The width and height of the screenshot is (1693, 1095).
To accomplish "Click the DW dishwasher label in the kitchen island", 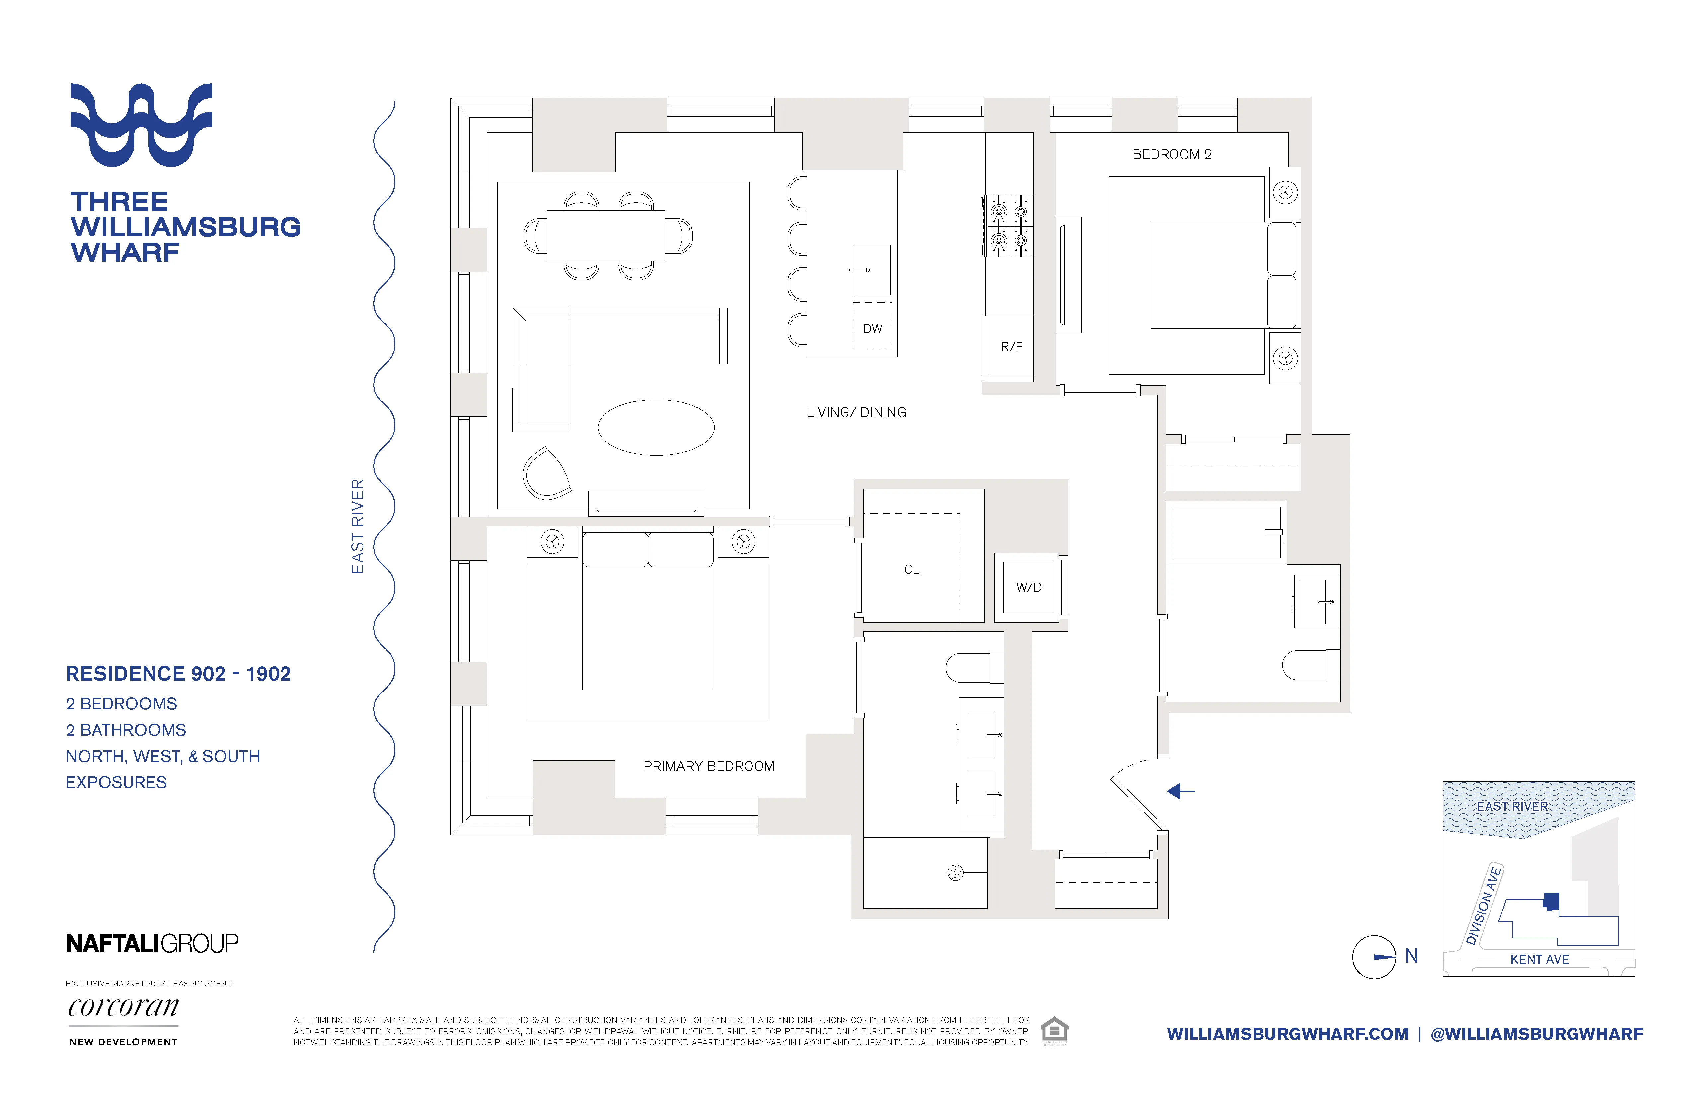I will point(872,328).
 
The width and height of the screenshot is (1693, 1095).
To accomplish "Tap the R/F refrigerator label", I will point(1011,347).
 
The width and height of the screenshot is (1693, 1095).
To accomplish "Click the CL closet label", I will point(911,569).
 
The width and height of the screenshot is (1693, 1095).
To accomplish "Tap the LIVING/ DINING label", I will point(856,412).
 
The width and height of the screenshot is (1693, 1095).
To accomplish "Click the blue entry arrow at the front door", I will point(1181,791).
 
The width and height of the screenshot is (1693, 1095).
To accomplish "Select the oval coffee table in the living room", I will point(656,427).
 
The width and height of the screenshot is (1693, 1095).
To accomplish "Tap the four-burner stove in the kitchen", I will point(1009,226).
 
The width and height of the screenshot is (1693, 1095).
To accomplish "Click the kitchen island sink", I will point(871,270).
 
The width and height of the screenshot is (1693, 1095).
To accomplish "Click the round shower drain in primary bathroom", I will point(955,872).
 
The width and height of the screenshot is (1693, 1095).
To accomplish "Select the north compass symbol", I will point(1374,957).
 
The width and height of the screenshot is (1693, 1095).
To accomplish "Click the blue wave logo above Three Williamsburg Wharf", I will point(141,125).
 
